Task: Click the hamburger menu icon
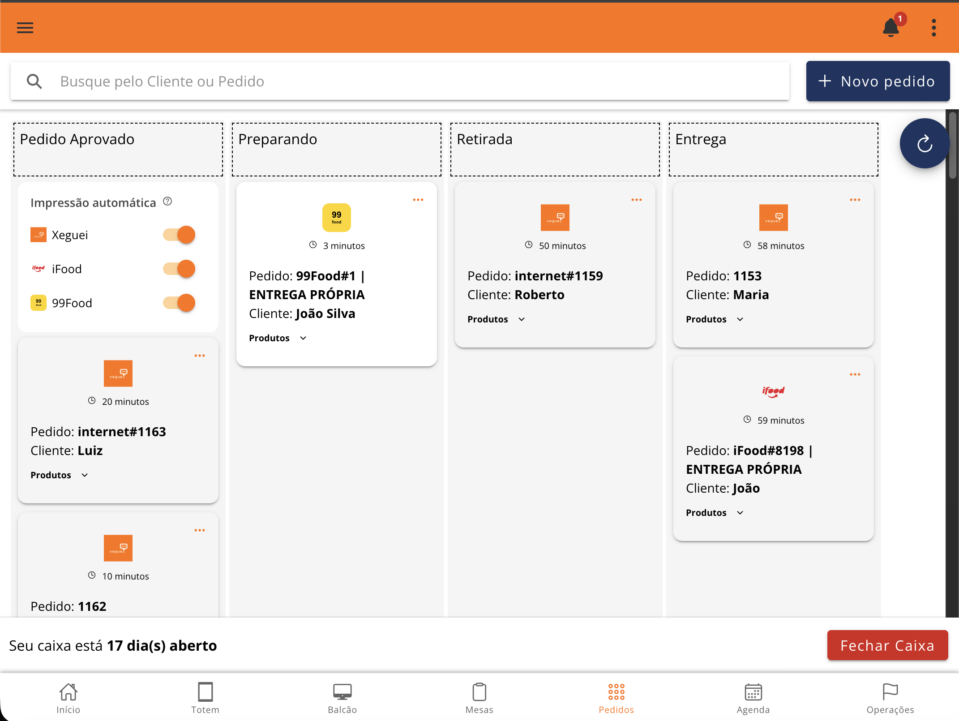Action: [x=25, y=28]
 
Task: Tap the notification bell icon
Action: [x=890, y=28]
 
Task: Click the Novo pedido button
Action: [x=878, y=81]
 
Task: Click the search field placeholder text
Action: [x=162, y=82]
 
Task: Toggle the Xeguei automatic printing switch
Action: [x=179, y=235]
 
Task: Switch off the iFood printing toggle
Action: [x=179, y=269]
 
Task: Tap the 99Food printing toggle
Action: [x=179, y=303]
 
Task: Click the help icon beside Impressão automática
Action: [x=167, y=202]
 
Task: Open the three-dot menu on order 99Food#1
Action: [x=418, y=200]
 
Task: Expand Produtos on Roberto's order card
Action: [x=496, y=319]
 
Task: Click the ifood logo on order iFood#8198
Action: [x=774, y=391]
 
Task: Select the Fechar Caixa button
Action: [x=887, y=645]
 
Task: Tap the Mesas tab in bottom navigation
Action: [x=479, y=698]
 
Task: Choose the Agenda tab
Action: [x=753, y=698]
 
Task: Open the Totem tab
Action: [x=205, y=698]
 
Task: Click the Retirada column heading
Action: [x=484, y=139]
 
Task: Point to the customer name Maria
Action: [x=751, y=295]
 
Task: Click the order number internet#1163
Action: [x=122, y=432]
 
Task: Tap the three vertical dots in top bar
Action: [x=933, y=28]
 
